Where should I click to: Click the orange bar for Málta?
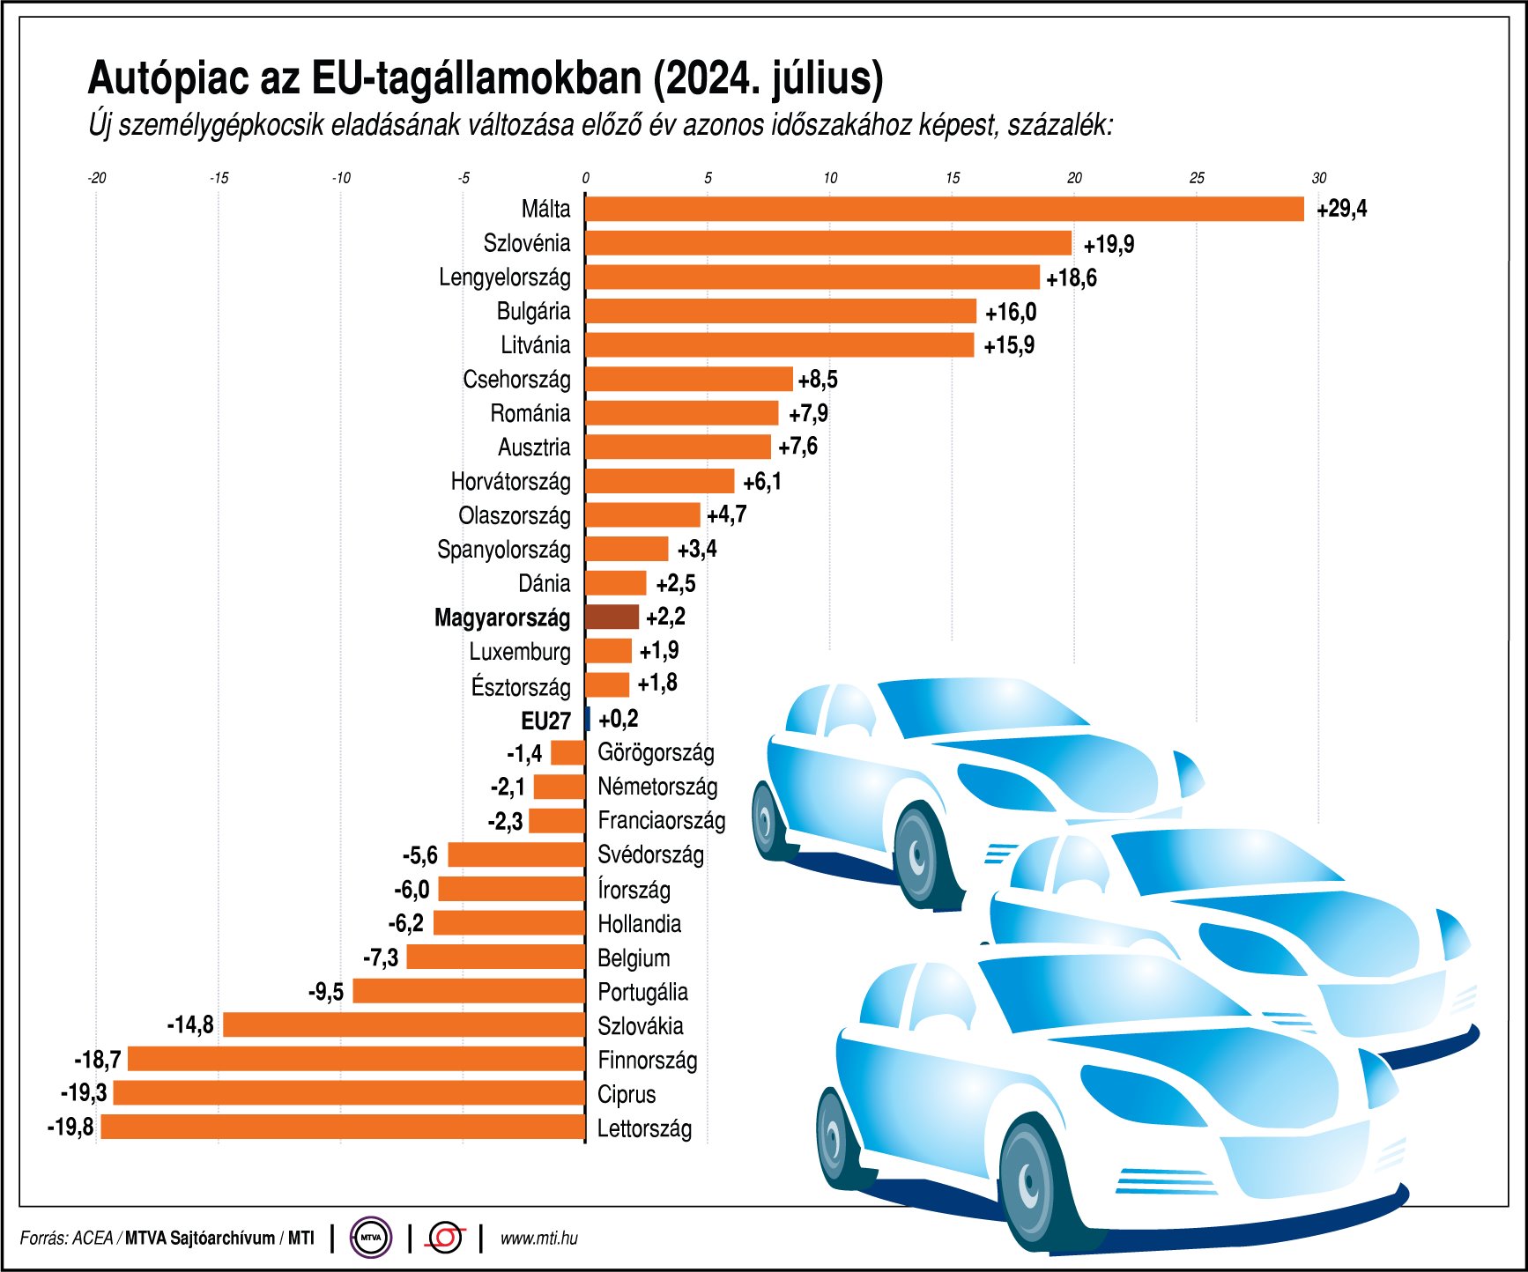pyautogui.click(x=943, y=209)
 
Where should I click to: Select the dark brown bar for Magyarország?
pyautogui.click(x=612, y=617)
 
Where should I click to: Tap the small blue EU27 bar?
pyautogui.click(x=588, y=719)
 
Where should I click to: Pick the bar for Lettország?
pyautogui.click(x=344, y=1127)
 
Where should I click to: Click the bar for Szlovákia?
pyautogui.click(x=404, y=1024)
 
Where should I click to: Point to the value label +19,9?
pyautogui.click(x=1109, y=244)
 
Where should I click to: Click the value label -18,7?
pyautogui.click(x=98, y=1060)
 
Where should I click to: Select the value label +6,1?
pyautogui.click(x=761, y=482)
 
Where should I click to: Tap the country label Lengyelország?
pyautogui.click(x=504, y=277)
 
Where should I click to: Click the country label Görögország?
pyautogui.click(x=656, y=752)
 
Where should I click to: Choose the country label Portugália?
pyautogui.click(x=642, y=992)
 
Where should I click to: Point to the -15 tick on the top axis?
pyautogui.click(x=219, y=178)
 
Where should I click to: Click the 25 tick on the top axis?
pyautogui.click(x=1196, y=178)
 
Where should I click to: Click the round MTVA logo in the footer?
pyautogui.click(x=371, y=1238)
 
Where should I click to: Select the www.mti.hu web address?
pyautogui.click(x=538, y=1238)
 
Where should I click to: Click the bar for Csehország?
pyautogui.click(x=688, y=379)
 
